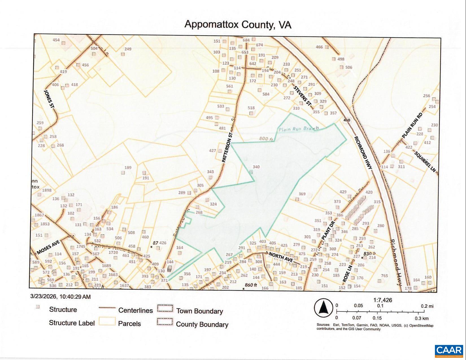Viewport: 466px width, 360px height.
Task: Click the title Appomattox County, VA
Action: click(238, 24)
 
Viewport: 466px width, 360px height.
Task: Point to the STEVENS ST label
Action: click(302, 96)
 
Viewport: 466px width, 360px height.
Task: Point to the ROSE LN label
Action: click(347, 273)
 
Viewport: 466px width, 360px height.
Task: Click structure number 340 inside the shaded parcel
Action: click(256, 167)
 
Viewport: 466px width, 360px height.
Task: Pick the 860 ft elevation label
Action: click(251, 285)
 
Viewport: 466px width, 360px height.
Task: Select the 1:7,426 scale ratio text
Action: click(383, 300)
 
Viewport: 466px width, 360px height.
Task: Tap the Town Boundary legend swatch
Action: click(165, 308)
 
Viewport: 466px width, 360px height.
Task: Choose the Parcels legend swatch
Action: click(107, 321)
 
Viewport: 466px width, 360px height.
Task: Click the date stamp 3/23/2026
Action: click(43, 297)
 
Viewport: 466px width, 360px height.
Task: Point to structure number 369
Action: click(302, 194)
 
